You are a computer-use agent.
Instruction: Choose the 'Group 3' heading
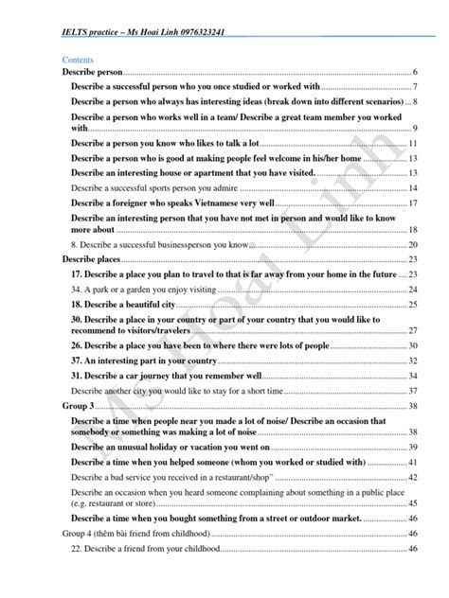(79, 405)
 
